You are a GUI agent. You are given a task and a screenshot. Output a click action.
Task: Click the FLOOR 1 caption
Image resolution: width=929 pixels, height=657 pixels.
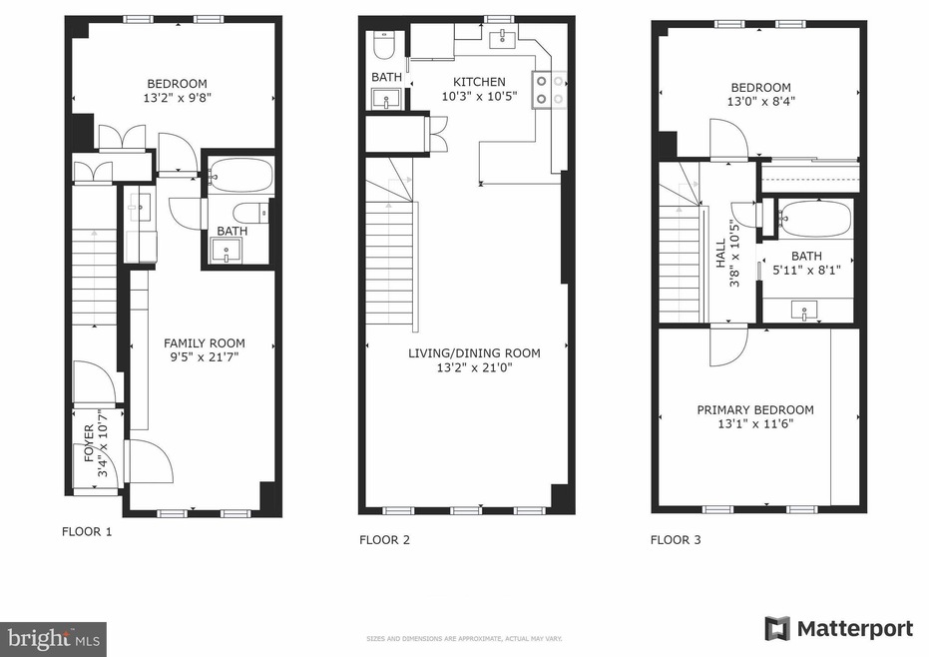pyautogui.click(x=87, y=532)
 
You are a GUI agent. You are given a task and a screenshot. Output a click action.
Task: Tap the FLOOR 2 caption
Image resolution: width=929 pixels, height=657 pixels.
pyautogui.click(x=384, y=540)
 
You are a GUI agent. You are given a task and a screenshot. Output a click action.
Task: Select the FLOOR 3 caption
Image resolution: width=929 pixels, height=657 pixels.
pyautogui.click(x=676, y=540)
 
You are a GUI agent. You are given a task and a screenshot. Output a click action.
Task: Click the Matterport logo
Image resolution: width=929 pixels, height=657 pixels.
pyautogui.click(x=838, y=629)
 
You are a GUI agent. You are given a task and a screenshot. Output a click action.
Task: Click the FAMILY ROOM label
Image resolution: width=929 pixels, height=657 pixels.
pyautogui.click(x=204, y=342)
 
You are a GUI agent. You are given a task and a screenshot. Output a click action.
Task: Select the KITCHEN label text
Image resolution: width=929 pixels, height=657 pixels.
pyautogui.click(x=479, y=82)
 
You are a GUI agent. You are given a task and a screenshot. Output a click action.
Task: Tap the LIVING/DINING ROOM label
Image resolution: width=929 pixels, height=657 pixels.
pyautogui.click(x=474, y=352)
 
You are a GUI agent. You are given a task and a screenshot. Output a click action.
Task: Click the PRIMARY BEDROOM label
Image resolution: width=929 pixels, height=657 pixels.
pyautogui.click(x=754, y=409)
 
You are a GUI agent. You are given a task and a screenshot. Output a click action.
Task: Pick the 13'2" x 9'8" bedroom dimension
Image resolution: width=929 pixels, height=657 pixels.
pyautogui.click(x=177, y=98)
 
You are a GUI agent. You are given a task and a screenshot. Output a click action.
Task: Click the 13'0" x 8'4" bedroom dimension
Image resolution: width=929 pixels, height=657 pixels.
pyautogui.click(x=760, y=102)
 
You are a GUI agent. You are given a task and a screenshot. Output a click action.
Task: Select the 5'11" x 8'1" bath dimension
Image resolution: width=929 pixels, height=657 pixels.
pyautogui.click(x=806, y=269)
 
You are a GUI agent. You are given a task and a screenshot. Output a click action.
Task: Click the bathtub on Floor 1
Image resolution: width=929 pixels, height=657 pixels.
pyautogui.click(x=240, y=176)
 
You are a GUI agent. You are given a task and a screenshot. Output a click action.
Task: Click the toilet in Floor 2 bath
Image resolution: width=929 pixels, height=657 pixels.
pyautogui.click(x=384, y=46)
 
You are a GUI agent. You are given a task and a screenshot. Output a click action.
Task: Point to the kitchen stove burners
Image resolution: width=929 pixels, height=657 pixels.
pyautogui.click(x=551, y=90)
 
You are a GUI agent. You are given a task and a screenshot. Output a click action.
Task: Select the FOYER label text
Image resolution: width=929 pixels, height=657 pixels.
pyautogui.click(x=89, y=441)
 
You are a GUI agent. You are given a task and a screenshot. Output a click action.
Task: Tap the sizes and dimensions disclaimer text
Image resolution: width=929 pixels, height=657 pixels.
pyautogui.click(x=464, y=637)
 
